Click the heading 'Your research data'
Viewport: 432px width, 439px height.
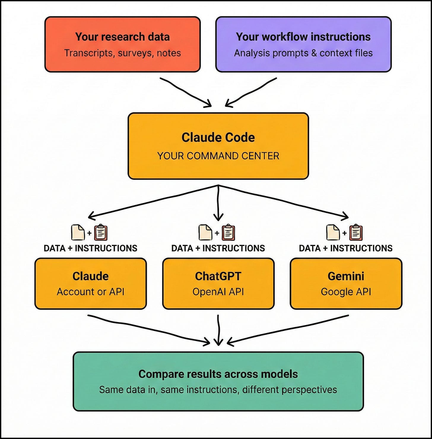click(x=123, y=37)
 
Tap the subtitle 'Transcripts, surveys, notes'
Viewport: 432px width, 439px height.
click(x=123, y=53)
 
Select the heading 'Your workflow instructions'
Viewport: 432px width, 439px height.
click(x=303, y=37)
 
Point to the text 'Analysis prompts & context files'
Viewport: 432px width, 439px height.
click(x=303, y=53)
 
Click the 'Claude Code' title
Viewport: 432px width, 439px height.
click(x=218, y=137)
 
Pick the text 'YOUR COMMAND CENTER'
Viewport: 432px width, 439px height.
click(x=218, y=156)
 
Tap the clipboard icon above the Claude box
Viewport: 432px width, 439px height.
click(x=101, y=232)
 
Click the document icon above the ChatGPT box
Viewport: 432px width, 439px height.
click(x=205, y=232)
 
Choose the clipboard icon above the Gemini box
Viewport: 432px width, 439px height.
click(x=356, y=232)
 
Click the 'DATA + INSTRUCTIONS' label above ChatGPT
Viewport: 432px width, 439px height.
click(x=218, y=248)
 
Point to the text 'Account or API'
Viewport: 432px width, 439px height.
click(x=90, y=292)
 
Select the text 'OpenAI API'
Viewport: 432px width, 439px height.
click(x=218, y=292)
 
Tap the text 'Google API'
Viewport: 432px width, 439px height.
click(x=346, y=292)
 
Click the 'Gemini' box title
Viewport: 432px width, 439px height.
click(x=346, y=276)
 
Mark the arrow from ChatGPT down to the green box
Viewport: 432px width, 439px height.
click(x=218, y=330)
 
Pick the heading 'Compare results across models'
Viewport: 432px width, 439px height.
click(x=218, y=374)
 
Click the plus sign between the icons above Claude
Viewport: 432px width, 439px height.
click(x=89, y=233)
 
